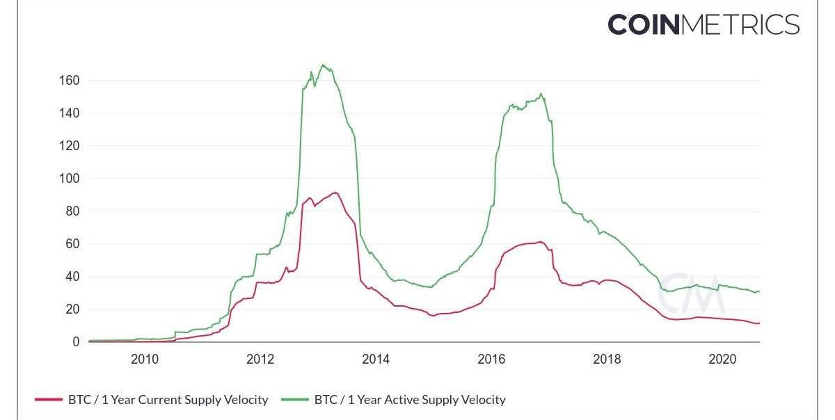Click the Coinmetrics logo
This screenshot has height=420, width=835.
(x=703, y=24)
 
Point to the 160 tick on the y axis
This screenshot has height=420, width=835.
(x=70, y=81)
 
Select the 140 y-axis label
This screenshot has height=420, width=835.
(x=70, y=113)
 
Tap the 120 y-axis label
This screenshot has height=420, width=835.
(x=70, y=146)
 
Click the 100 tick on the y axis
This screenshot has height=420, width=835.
(x=70, y=179)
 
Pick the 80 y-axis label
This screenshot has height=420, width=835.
(x=72, y=211)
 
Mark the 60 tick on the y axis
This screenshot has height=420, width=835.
(x=72, y=244)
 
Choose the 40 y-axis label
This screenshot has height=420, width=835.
(x=72, y=277)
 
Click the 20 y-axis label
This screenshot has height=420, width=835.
(x=72, y=309)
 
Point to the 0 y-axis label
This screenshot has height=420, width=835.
(x=76, y=342)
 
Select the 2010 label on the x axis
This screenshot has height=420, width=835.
(x=145, y=359)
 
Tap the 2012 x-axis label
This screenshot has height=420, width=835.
(x=260, y=359)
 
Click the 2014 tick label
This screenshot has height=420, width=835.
(x=376, y=359)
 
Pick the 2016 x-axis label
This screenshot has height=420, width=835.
(x=491, y=359)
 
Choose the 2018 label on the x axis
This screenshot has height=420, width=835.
(x=607, y=359)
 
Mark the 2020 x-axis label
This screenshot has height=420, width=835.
(x=722, y=359)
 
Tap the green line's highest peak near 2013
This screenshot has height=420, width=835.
(x=324, y=65)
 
